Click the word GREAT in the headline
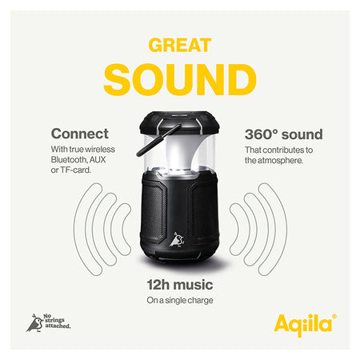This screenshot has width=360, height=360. tap(180, 45)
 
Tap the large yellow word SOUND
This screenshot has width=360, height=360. tap(180, 79)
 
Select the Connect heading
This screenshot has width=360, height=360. tap(80, 134)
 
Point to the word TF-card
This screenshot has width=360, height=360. tap(76, 170)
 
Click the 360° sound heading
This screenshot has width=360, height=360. tap(284, 134)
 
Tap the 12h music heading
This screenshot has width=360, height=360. tap(180, 285)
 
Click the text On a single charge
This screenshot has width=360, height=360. tap(180, 300)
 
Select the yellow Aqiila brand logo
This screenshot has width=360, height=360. tap(303, 325)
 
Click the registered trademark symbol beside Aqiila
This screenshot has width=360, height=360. tap(334, 316)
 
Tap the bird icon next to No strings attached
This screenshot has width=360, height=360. tap(34, 323)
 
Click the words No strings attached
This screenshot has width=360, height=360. tap(57, 321)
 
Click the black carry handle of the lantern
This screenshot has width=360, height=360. tap(158, 140)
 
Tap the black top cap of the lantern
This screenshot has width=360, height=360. tap(179, 122)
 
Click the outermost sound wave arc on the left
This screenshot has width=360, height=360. tap(80, 230)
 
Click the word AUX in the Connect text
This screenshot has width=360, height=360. tap(98, 159)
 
